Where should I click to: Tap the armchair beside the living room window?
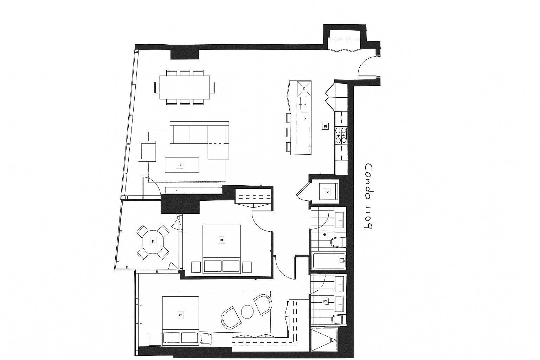147,151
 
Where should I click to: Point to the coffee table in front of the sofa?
182,165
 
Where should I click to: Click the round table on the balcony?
153,242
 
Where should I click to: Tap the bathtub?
328,261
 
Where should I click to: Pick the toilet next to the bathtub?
338,242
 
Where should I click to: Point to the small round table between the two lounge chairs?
247,311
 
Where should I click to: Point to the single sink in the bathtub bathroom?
339,219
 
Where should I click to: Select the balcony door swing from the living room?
151,185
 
